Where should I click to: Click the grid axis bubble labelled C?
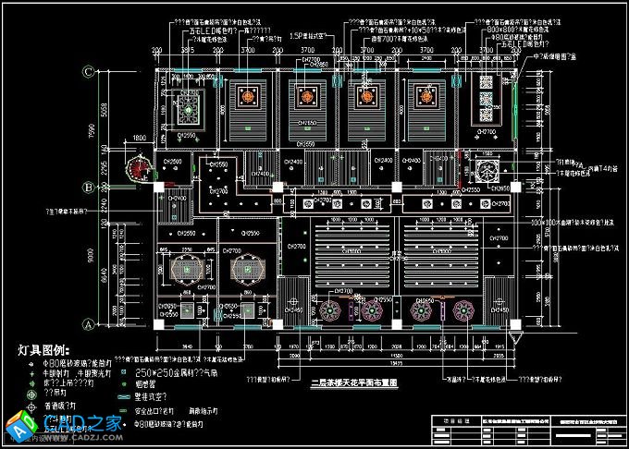89,71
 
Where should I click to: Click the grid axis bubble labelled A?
89,324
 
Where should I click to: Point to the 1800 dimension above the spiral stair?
140,138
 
